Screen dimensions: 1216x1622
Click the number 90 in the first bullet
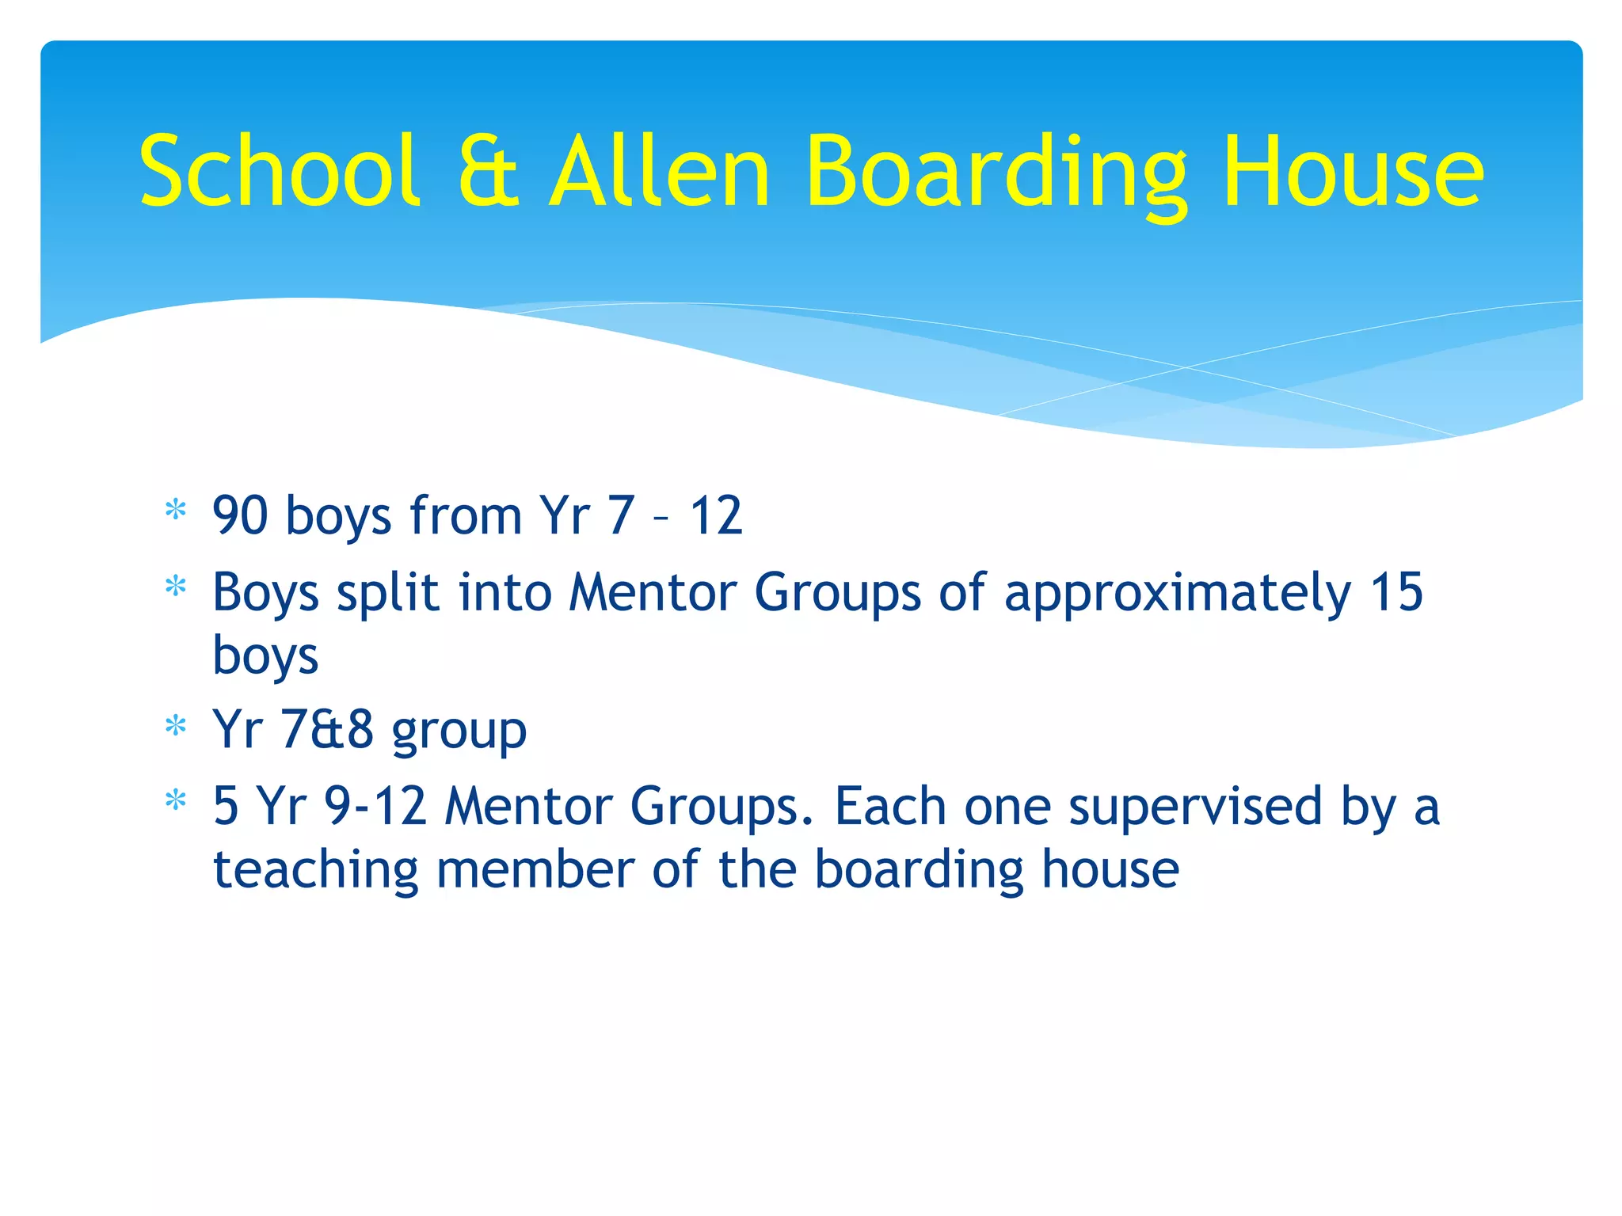241,515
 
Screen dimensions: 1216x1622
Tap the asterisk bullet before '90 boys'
175,511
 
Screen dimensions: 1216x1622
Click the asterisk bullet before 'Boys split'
175,587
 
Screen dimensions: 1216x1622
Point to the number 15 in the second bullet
1397,592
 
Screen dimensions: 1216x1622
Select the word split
387,594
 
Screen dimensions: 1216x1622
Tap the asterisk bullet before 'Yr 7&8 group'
175,725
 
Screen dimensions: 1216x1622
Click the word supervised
1195,807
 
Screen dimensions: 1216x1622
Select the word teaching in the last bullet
315,871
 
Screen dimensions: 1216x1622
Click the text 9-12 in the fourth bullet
375,806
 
